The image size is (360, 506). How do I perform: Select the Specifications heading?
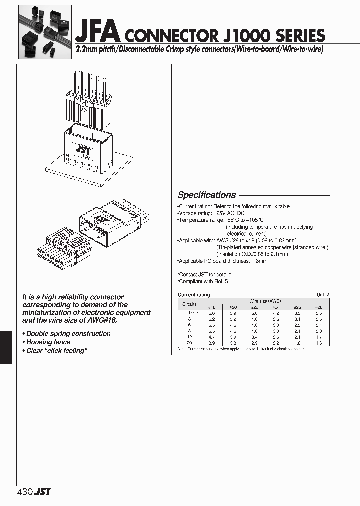[x=207, y=195]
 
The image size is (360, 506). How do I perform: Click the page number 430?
[x=25, y=492]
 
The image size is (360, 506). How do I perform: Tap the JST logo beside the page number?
[x=42, y=492]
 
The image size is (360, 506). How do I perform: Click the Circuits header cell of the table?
[x=189, y=304]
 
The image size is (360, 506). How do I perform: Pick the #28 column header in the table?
[x=319, y=307]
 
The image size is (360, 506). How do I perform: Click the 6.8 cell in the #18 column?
[x=211, y=313]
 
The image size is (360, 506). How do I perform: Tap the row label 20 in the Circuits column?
[x=189, y=343]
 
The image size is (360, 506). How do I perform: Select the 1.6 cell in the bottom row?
[x=319, y=343]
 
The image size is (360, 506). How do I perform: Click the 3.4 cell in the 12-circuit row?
[x=254, y=337]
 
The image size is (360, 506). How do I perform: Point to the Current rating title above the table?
[x=194, y=295]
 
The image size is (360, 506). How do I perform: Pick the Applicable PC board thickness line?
[x=223, y=261]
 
